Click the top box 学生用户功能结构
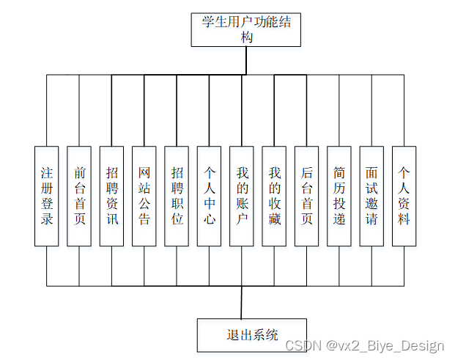click(245, 30)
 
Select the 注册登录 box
click(47, 196)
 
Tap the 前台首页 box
click(79, 196)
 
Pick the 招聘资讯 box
click(111, 196)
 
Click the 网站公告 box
click(144, 196)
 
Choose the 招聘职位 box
click(177, 196)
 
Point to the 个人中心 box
click(209, 196)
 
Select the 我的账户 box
click(242, 196)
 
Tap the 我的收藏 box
click(275, 196)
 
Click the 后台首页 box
click(307, 196)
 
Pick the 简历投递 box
click(339, 196)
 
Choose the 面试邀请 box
click(371, 196)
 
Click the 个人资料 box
click(404, 196)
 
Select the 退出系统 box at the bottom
click(252, 336)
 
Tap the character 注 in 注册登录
click(47, 173)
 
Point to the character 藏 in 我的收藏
click(275, 218)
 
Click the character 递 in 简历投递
click(339, 218)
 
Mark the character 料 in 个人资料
click(404, 218)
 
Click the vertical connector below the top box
click(246, 62)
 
